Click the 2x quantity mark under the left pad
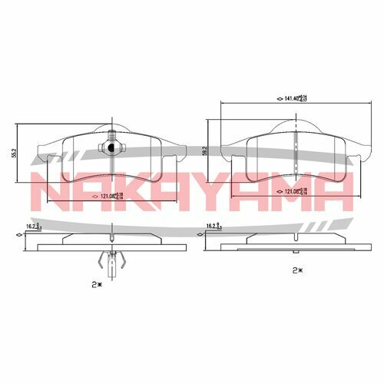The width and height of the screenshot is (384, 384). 95,283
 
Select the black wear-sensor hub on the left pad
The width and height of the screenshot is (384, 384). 111,148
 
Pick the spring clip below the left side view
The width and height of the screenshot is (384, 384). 112,261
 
